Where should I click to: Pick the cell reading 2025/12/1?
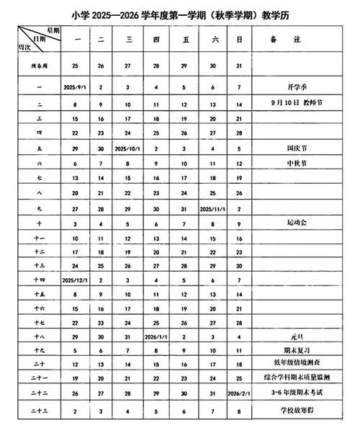click(76, 278)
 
